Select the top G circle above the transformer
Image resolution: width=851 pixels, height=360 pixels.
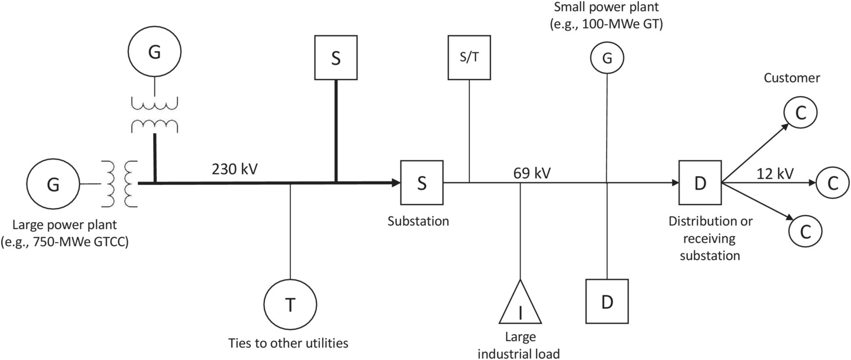(154, 52)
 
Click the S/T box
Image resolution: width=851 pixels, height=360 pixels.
(469, 58)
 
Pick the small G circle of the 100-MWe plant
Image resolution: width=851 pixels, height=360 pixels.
(607, 58)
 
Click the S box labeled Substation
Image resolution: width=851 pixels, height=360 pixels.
(422, 183)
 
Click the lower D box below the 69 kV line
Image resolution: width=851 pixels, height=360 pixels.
(607, 301)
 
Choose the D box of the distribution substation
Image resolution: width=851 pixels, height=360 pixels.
(700, 183)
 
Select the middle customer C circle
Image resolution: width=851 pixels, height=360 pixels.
(832, 183)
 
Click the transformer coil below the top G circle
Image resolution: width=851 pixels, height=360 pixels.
(154, 115)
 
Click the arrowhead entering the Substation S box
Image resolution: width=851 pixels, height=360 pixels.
(395, 183)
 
